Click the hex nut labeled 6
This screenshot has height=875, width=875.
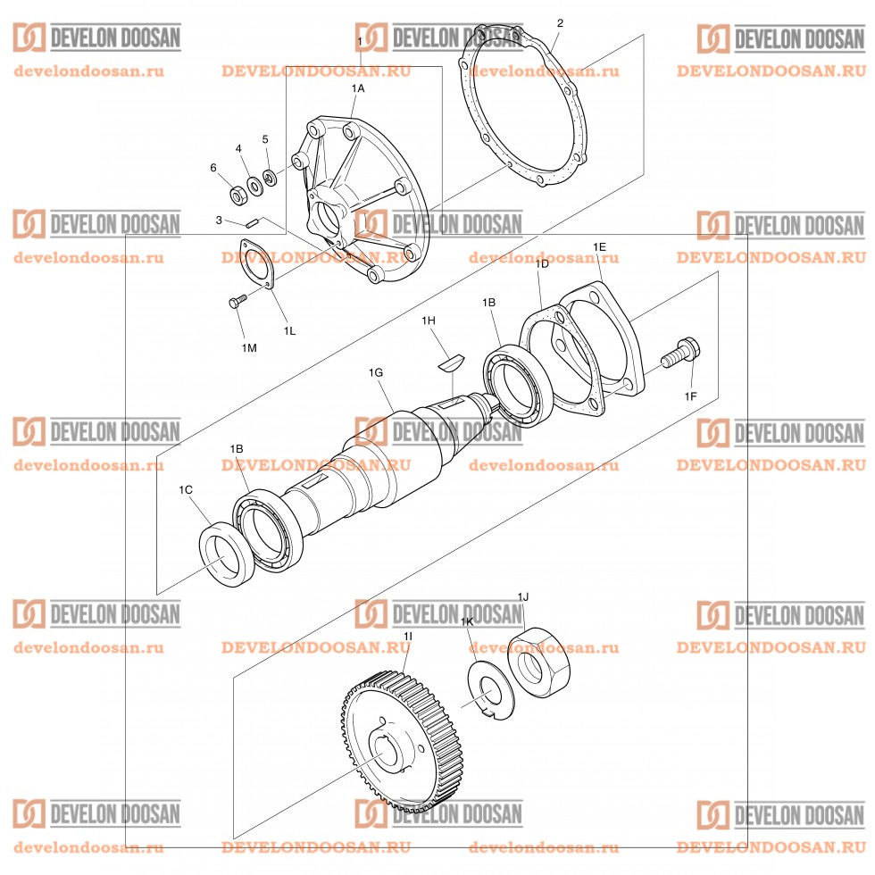click(238, 193)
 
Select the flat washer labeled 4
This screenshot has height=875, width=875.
click(255, 185)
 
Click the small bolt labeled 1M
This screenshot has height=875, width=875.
click(237, 303)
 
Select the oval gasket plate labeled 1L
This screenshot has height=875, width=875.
click(255, 266)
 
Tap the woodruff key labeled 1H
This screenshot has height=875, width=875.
click(452, 362)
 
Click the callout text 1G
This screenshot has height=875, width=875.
click(376, 371)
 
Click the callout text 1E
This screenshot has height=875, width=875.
click(599, 246)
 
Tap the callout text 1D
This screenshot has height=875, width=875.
click(542, 264)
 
